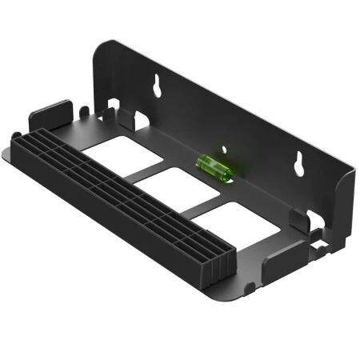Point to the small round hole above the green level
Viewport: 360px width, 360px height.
tap(226, 148)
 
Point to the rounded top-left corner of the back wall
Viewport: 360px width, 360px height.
tap(102, 48)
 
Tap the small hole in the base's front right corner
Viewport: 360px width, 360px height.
tap(252, 284)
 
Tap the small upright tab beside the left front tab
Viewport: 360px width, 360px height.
tap(83, 106)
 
